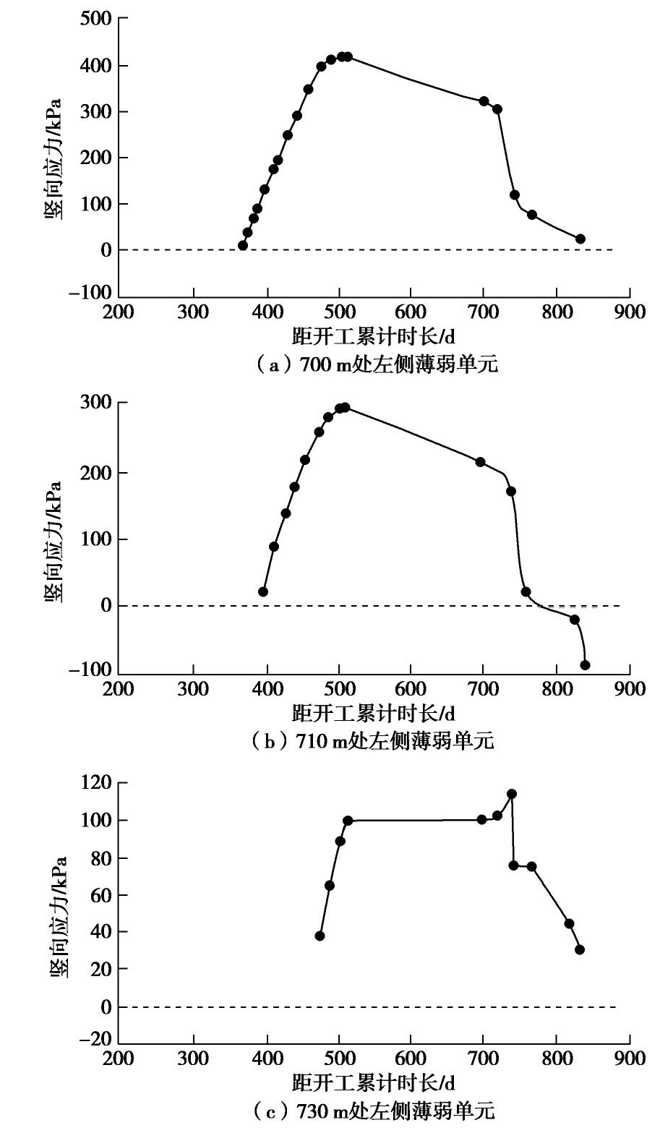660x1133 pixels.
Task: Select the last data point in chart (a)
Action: click(x=580, y=239)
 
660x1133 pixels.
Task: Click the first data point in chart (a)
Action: click(x=243, y=246)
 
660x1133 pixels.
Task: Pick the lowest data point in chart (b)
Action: click(x=585, y=665)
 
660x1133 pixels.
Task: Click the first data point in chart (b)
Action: click(x=263, y=592)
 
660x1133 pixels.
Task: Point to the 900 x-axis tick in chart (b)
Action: click(x=630, y=688)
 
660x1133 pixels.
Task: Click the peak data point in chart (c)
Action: click(x=512, y=794)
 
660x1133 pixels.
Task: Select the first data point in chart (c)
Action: click(x=320, y=936)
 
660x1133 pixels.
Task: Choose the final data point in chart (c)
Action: click(x=579, y=950)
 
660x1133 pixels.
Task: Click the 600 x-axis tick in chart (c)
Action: click(x=411, y=1058)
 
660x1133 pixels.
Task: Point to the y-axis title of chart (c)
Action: click(x=58, y=917)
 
